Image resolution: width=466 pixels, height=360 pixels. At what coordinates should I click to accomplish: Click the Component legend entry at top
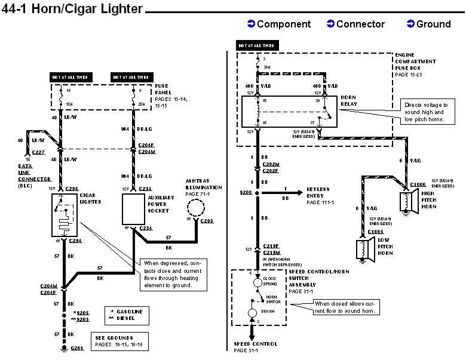279,24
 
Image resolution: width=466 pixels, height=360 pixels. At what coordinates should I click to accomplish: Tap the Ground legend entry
428,24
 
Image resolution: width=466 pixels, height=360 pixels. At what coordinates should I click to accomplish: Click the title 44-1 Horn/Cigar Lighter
72,8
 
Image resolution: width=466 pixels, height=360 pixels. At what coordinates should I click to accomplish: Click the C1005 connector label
376,232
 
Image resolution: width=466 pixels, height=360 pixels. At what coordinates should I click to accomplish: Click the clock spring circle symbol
257,280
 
